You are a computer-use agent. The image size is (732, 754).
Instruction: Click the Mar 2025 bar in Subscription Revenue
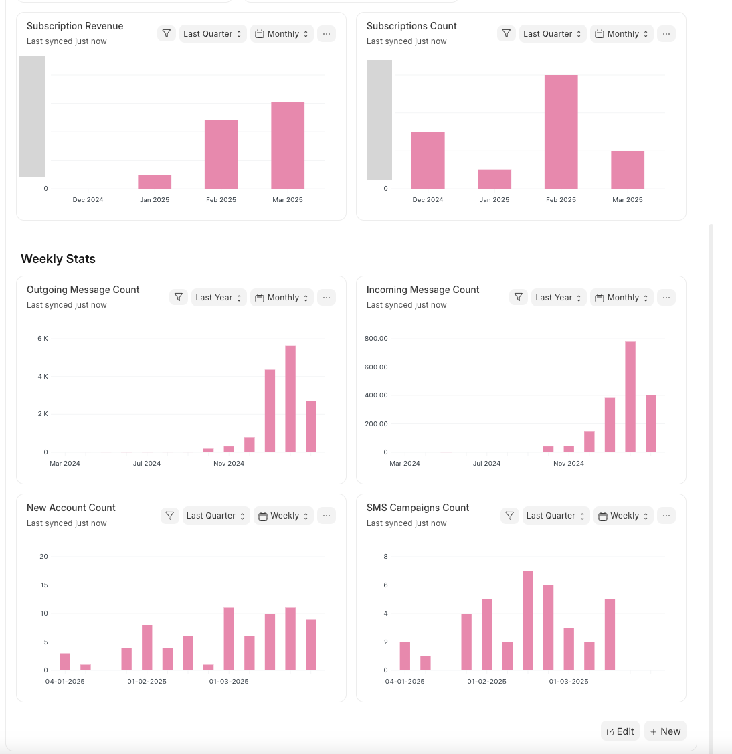[288, 145]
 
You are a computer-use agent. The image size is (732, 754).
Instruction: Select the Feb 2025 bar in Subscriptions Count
[561, 132]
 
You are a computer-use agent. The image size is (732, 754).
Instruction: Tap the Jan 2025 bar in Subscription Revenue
[155, 181]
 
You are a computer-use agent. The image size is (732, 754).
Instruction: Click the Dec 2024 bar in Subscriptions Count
[428, 160]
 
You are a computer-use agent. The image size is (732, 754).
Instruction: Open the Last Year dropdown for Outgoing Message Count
[219, 298]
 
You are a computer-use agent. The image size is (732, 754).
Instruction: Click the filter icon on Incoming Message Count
[519, 297]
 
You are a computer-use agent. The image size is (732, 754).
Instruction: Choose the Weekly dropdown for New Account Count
[284, 516]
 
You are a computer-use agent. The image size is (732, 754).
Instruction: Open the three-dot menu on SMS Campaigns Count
[666, 516]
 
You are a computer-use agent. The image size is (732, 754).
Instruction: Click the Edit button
[620, 731]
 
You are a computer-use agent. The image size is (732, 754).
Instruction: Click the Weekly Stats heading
[58, 259]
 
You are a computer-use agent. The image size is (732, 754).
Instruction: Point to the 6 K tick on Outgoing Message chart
[43, 339]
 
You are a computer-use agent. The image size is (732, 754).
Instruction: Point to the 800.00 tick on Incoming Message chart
[376, 339]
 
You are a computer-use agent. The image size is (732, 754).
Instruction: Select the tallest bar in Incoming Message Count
[630, 397]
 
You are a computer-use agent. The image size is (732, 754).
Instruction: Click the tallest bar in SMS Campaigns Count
[528, 620]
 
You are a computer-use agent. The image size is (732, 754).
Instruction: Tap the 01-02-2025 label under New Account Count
[147, 682]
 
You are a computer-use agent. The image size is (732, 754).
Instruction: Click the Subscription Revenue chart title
[75, 26]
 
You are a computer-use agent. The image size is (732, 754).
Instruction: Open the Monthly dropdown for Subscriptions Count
[622, 34]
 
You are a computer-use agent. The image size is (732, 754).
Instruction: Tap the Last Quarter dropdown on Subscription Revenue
[213, 34]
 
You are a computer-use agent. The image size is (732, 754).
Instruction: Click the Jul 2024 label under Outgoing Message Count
[147, 464]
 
